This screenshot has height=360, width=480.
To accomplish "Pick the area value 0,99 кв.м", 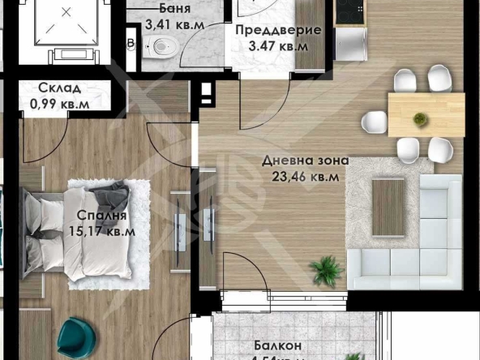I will [x=58, y=103].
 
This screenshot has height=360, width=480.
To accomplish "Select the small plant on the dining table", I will [x=420, y=119].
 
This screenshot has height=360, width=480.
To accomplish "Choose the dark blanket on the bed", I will [x=109, y=195].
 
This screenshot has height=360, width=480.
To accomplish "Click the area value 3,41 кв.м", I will [x=174, y=24].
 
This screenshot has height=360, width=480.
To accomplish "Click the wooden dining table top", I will [x=426, y=114].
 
